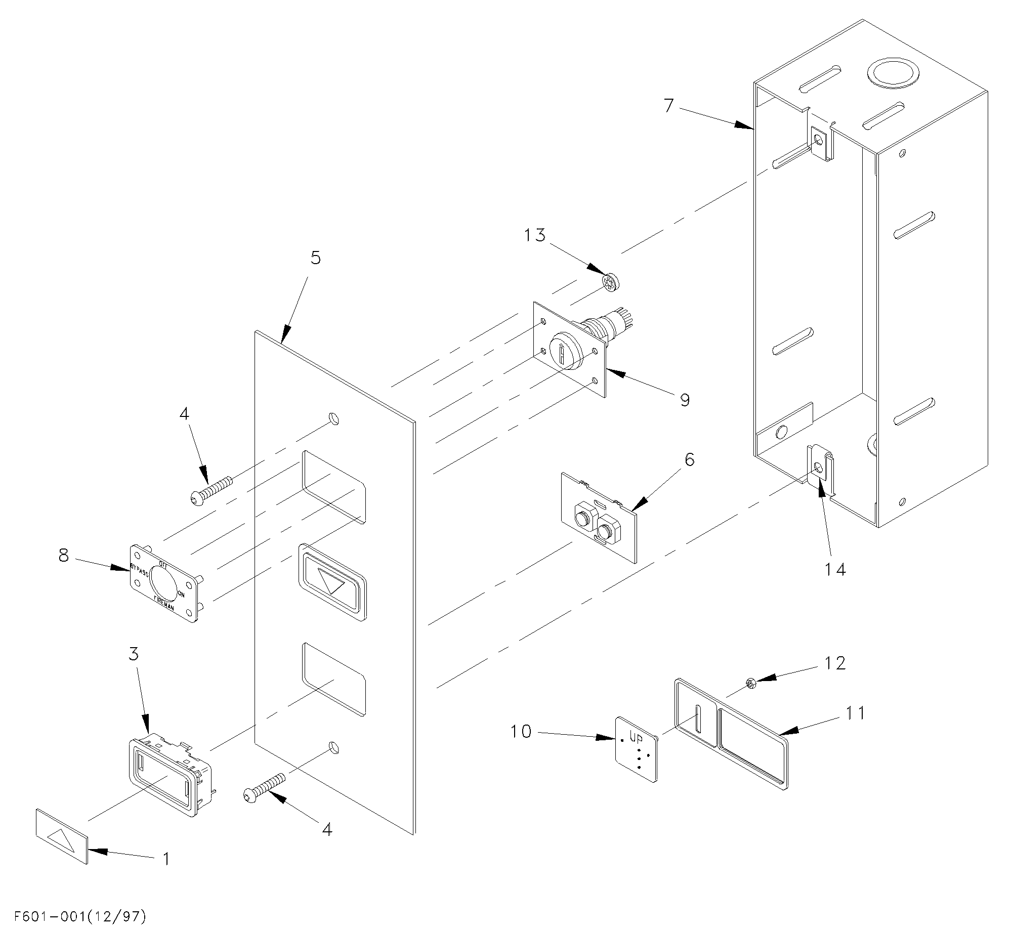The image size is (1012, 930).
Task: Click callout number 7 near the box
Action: coord(669,106)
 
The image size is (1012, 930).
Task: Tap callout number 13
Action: coord(535,235)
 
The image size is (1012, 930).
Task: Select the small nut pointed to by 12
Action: coord(751,685)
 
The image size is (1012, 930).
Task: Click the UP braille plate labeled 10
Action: coord(637,749)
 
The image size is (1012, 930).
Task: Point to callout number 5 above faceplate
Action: coord(315,258)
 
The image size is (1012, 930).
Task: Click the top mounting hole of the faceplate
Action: coord(334,418)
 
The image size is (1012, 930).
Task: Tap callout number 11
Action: coord(855,713)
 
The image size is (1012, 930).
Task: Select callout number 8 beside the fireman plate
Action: coord(63,556)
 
